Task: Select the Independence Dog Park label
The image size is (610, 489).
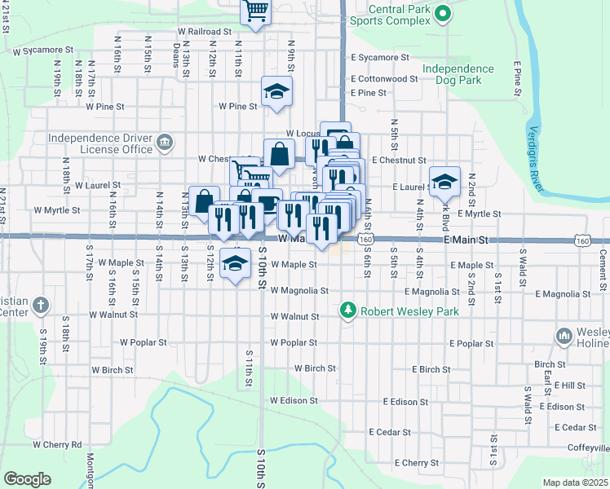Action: [x=457, y=75]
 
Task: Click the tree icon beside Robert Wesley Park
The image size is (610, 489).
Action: [x=348, y=311]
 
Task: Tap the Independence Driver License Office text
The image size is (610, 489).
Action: [x=100, y=143]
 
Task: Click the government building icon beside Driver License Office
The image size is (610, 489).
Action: [x=165, y=143]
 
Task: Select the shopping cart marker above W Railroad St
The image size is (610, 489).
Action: [x=255, y=11]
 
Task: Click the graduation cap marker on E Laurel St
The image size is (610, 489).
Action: [x=445, y=181]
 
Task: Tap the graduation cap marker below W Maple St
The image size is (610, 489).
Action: [x=235, y=263]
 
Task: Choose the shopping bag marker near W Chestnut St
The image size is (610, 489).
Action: [x=279, y=153]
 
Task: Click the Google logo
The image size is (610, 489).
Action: [x=27, y=479]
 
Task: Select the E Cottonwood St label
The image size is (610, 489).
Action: [x=384, y=79]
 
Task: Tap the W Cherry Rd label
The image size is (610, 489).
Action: [x=57, y=445]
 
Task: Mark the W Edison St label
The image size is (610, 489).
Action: [x=294, y=401]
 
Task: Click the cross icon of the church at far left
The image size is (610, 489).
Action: [x=42, y=306]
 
